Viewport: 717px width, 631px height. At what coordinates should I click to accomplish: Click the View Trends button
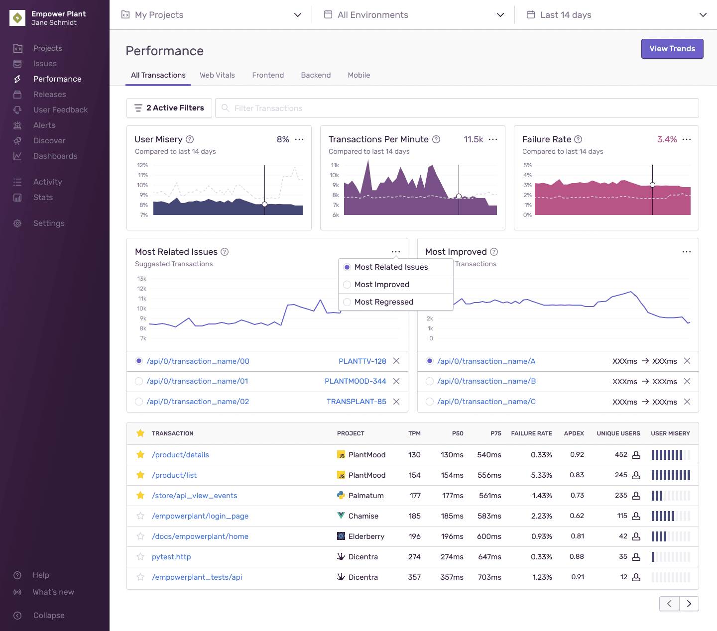point(672,49)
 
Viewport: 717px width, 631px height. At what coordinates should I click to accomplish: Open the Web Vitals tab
point(217,75)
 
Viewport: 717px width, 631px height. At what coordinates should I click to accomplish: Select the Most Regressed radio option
point(347,302)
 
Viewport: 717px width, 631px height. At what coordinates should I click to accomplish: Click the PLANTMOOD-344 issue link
point(355,381)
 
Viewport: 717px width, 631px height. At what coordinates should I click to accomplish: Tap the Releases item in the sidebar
point(49,95)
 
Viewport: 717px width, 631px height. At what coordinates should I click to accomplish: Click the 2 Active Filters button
point(169,108)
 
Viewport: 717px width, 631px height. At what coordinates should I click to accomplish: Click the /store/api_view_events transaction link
point(194,496)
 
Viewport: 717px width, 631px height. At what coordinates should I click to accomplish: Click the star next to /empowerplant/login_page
point(140,516)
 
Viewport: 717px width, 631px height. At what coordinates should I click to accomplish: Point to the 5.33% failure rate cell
point(541,475)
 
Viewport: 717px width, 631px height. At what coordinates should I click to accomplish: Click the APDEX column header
point(574,433)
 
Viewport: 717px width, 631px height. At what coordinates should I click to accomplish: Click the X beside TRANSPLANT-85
point(396,402)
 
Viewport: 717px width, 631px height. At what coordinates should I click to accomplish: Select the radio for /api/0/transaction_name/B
point(430,381)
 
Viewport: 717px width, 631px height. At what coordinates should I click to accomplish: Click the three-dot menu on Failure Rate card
point(687,139)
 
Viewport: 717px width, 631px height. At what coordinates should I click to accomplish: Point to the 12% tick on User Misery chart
point(142,165)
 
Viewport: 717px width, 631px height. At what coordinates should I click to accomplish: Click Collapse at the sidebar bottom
point(48,616)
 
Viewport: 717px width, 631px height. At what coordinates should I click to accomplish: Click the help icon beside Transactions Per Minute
point(436,139)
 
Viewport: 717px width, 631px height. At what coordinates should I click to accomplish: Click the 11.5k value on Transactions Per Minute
point(473,139)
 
